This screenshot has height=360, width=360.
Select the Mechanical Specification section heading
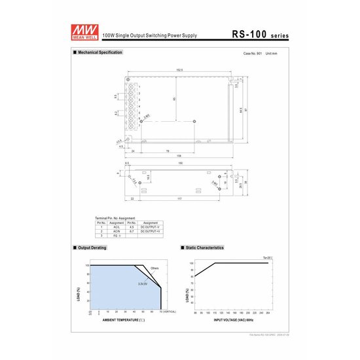(99, 52)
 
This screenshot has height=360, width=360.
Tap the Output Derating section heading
(92, 248)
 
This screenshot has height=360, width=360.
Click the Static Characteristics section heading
(204, 248)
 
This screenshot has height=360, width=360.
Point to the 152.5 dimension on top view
(179, 69)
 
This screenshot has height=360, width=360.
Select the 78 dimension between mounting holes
(168, 151)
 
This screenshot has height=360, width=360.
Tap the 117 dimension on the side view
(178, 199)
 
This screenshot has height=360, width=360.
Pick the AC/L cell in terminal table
(116, 226)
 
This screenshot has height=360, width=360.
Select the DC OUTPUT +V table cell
(150, 230)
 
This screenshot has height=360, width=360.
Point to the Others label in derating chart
(154, 268)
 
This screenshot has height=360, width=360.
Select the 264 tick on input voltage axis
(268, 313)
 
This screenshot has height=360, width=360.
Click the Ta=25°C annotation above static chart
(268, 258)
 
